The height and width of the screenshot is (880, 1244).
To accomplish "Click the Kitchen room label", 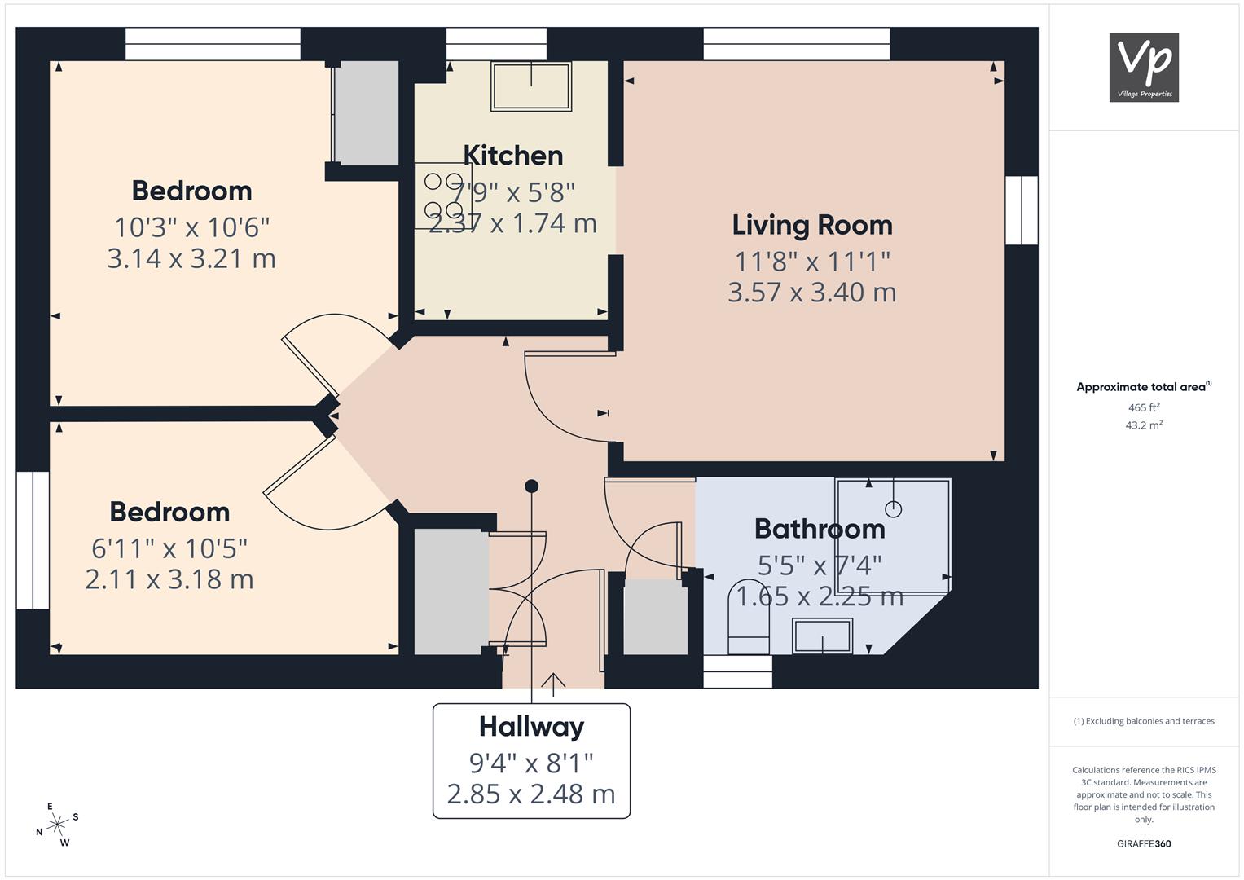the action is (x=513, y=156).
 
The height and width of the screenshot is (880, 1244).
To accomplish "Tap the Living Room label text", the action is (x=812, y=226).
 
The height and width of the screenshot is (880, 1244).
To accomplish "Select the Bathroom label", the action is (x=820, y=529).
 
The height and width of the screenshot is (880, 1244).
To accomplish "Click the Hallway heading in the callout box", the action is (x=531, y=727).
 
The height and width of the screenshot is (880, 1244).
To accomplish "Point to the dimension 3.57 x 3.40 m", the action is (x=812, y=293).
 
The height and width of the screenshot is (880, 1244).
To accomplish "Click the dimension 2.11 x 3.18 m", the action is (x=169, y=579).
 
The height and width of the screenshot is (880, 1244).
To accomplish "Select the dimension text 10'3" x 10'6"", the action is (x=191, y=227).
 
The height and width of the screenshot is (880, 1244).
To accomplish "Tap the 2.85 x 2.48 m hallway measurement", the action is (x=531, y=794).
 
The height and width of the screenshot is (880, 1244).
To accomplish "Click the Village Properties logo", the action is (x=1144, y=67).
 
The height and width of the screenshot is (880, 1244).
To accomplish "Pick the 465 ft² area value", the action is (x=1144, y=407).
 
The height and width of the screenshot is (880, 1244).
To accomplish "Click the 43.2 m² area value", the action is (x=1144, y=425).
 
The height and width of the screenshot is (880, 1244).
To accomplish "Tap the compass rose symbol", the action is (x=57, y=825).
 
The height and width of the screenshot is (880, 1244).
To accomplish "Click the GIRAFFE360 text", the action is (x=1144, y=843).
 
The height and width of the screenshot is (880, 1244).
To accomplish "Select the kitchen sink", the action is (x=531, y=86).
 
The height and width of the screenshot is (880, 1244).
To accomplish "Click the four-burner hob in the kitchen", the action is (x=443, y=196).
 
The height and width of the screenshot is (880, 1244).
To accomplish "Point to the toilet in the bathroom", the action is (x=748, y=618).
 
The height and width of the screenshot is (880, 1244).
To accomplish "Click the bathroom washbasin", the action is (x=823, y=636).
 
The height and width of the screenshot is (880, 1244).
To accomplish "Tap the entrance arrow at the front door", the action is (x=553, y=685).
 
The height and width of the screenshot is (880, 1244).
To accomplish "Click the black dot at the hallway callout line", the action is (x=531, y=486).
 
